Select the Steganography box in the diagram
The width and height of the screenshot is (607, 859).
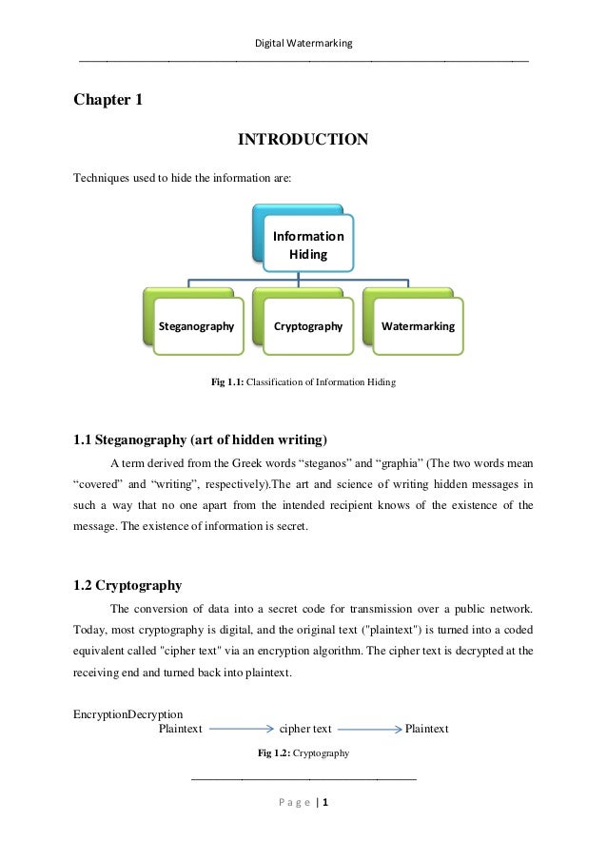coord(196,326)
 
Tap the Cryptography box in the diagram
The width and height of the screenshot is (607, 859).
coord(307,326)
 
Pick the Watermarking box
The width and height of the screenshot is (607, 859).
coord(418,326)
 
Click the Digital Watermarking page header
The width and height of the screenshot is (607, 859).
coord(303,43)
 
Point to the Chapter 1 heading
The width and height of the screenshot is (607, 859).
coord(108,99)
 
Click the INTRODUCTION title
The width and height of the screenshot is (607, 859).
coord(303,141)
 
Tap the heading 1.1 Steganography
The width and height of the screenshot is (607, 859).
coord(200,439)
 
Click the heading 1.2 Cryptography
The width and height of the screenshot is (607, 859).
coord(127,585)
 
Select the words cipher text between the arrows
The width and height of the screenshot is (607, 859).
coord(305,730)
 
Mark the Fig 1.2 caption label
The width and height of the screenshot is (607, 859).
coord(274,753)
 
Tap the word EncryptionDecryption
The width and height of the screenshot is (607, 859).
coord(127,714)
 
